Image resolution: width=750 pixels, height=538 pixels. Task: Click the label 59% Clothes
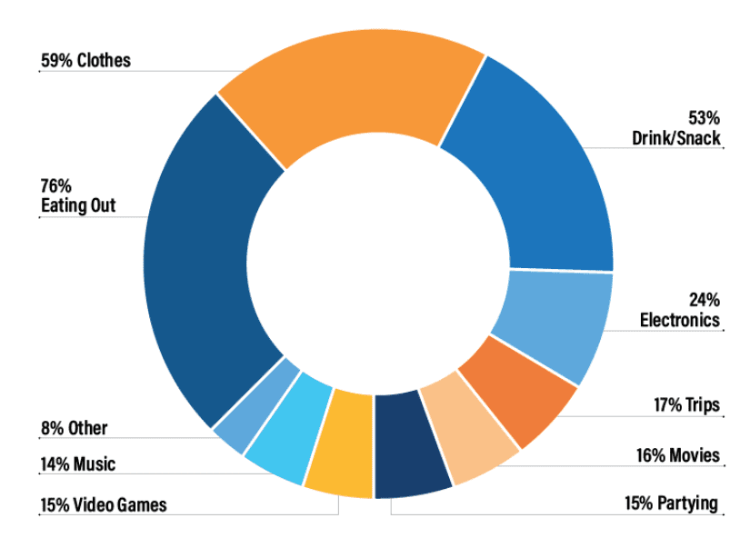[85, 61]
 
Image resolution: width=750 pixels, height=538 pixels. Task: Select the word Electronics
[680, 320]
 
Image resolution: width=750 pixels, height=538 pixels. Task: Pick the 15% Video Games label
[104, 505]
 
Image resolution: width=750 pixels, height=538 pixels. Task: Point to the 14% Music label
[77, 464]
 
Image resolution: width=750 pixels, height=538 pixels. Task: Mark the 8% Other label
[74, 428]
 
